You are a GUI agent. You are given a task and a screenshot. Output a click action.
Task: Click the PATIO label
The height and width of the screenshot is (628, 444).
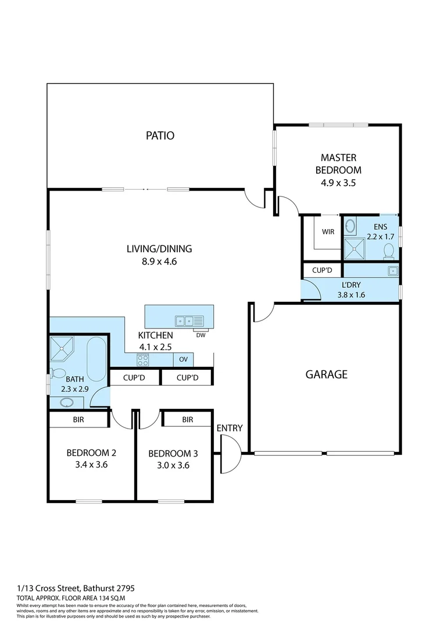tap(160, 136)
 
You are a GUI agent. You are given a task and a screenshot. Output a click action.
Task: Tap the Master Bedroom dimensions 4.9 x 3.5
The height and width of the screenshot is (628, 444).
tap(338, 183)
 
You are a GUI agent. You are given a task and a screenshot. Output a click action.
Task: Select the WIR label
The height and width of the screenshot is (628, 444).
tap(328, 231)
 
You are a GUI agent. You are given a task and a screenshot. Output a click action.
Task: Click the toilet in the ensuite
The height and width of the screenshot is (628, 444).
tap(389, 251)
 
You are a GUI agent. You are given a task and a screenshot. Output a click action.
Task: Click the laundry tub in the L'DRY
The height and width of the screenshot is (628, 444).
tap(393, 271)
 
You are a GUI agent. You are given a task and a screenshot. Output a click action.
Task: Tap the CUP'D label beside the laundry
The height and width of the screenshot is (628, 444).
tap(321, 270)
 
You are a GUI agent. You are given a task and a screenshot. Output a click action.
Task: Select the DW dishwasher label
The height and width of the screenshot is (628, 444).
tap(201, 334)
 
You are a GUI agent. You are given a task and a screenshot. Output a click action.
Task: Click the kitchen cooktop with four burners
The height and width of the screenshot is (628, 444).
tap(143, 361)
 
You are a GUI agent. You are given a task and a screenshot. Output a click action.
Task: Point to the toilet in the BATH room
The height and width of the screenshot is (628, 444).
tap(58, 373)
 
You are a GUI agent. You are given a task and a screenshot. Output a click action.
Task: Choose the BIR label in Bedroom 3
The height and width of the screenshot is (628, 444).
tap(187, 419)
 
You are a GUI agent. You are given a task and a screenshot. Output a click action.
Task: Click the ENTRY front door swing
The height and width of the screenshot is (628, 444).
tap(231, 454)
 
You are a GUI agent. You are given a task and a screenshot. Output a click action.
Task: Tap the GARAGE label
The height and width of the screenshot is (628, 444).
tap(327, 374)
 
